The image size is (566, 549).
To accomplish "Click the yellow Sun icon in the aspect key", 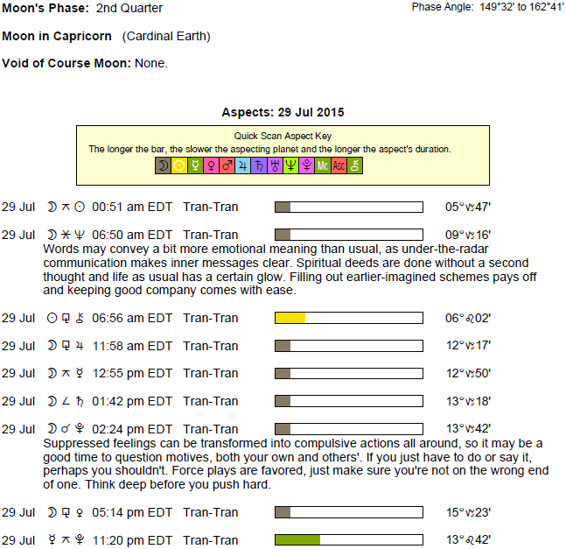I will (x=178, y=165).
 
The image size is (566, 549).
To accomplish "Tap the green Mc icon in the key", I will (x=322, y=165).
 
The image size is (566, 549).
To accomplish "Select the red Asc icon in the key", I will (x=338, y=165).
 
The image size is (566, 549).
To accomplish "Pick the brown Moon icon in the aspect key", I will (x=163, y=165).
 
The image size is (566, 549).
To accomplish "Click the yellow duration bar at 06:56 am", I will (x=290, y=318).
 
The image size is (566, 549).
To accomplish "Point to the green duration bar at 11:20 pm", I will (x=297, y=540).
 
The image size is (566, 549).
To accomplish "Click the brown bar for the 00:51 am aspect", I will (x=283, y=208).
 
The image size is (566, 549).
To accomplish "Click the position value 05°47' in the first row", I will (x=468, y=208).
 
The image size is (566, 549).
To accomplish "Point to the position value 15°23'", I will (x=468, y=512).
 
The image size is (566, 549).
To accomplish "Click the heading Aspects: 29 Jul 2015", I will (x=283, y=112).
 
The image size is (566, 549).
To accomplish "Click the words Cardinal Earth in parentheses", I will (x=167, y=37).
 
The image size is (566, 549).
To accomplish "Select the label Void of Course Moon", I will (x=66, y=64).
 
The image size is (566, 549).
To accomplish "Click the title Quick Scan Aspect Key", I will (x=283, y=137).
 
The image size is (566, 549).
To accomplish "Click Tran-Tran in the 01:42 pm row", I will (x=211, y=401).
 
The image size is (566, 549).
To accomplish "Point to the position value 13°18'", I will (x=468, y=401).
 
